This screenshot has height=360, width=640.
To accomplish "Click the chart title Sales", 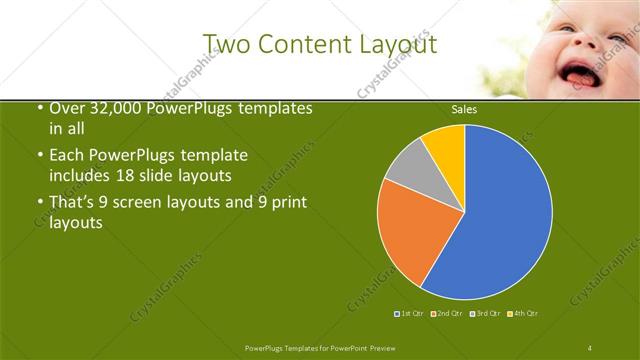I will pyautogui.click(x=464, y=109).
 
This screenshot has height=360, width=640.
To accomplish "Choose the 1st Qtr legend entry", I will pyautogui.click(x=409, y=314).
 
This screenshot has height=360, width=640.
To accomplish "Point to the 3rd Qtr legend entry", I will pyautogui.click(x=487, y=314).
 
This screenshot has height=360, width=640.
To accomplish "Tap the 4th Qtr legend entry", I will pyautogui.click(x=525, y=314).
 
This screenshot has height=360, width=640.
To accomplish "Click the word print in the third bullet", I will pyautogui.click(x=289, y=204).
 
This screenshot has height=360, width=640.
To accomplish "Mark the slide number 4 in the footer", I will pyautogui.click(x=591, y=346).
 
